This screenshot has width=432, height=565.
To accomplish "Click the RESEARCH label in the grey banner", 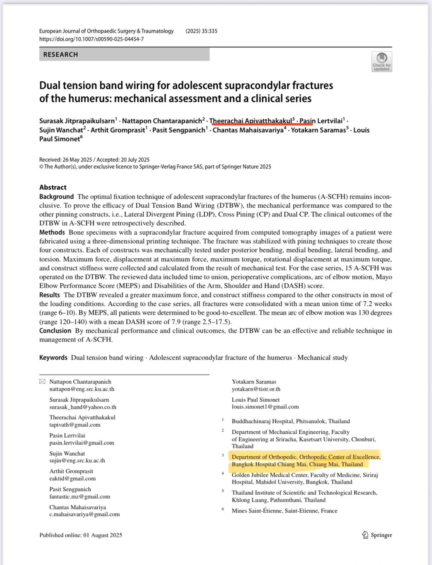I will pyautogui.click(x=61, y=54).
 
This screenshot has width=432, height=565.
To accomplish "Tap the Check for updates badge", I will pyautogui.click(x=381, y=62).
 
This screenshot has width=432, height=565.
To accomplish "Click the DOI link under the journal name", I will pyautogui.click(x=91, y=39).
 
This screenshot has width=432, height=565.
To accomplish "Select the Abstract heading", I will pyautogui.click(x=53, y=187).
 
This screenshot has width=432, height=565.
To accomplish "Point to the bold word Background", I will pyautogui.click(x=56, y=197).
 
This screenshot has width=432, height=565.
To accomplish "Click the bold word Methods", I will pyautogui.click(x=52, y=232).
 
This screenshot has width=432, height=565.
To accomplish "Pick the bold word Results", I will pyautogui.click(x=50, y=295).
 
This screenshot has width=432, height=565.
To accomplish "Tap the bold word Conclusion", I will pyautogui.click(x=55, y=331).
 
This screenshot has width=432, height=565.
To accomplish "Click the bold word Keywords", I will pyautogui.click(x=53, y=358).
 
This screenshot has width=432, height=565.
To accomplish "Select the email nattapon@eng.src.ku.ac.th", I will pyautogui.click(x=82, y=389).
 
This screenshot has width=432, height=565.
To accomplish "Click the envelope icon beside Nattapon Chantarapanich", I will pyautogui.click(x=42, y=382).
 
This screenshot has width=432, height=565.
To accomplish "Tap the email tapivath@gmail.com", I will pyautogui.click(x=75, y=425).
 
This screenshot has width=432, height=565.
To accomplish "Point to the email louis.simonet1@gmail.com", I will pyautogui.click(x=265, y=407).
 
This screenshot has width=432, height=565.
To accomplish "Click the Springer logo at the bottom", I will pyautogui.click(x=377, y=535).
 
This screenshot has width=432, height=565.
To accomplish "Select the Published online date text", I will pyautogui.click(x=81, y=535).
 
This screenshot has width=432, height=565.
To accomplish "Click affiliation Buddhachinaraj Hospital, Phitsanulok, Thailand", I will pyautogui.click(x=291, y=421).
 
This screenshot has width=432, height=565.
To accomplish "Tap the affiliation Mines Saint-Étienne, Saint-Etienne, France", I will pyautogui.click(x=285, y=511).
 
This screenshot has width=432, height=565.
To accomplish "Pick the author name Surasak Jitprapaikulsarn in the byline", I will pyautogui.click(x=77, y=121).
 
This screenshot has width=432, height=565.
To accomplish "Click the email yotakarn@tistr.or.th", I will pyautogui.click(x=256, y=389).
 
